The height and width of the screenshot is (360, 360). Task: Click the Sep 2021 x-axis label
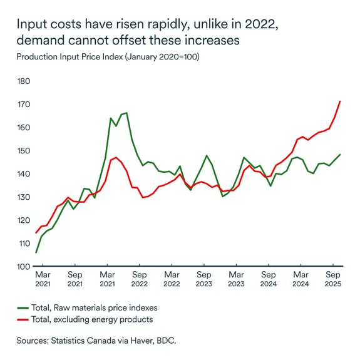[75, 279]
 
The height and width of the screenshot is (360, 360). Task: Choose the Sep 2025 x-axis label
[333, 279]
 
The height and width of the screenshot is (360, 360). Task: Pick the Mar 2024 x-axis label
[301, 279]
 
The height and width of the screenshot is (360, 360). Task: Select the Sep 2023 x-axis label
[203, 279]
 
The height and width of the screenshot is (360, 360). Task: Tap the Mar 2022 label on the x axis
[172, 279]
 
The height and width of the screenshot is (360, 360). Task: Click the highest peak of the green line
[126, 113]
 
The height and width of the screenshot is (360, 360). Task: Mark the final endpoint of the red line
[340, 101]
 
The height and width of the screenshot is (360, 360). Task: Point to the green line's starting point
[36, 252]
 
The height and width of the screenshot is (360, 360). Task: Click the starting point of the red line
[36, 233]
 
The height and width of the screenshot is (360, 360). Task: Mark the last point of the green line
[340, 155]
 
